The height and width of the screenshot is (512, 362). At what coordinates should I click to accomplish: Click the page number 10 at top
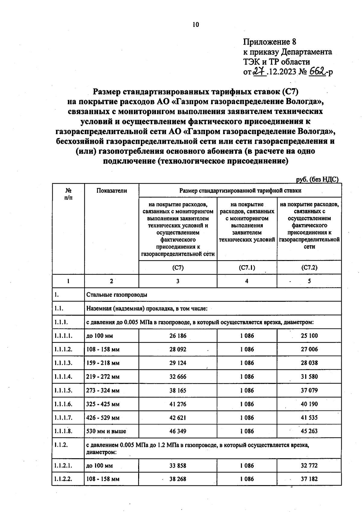tap(196, 25)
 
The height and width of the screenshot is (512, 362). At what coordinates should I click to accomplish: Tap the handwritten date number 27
tap(259, 72)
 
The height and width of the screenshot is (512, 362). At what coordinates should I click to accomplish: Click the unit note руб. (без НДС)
tap(317, 179)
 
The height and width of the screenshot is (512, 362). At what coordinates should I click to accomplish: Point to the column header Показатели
tap(112, 191)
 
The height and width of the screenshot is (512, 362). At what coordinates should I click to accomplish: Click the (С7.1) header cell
tap(247, 267)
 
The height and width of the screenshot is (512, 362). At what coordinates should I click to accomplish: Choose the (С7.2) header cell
tap(309, 267)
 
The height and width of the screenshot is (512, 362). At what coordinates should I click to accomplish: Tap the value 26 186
tap(178, 336)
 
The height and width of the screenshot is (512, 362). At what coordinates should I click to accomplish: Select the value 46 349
tap(178, 431)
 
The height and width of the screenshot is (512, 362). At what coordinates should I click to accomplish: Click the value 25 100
tap(309, 336)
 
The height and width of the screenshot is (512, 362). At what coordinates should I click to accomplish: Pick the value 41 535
tap(309, 418)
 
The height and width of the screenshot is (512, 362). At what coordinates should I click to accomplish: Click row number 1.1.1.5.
tap(63, 390)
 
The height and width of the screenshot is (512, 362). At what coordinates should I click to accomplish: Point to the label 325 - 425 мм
tap(103, 404)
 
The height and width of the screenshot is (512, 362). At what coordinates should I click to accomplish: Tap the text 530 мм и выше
tap(106, 431)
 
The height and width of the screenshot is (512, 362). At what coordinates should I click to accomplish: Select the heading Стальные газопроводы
tap(117, 295)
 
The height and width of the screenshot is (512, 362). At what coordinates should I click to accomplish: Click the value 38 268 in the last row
tap(178, 479)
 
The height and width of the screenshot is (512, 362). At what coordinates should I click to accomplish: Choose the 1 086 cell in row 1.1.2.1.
tap(247, 465)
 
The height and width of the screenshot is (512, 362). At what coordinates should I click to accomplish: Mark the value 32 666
tap(178, 377)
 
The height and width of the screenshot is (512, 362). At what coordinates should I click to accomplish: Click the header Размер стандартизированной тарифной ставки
tap(240, 191)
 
